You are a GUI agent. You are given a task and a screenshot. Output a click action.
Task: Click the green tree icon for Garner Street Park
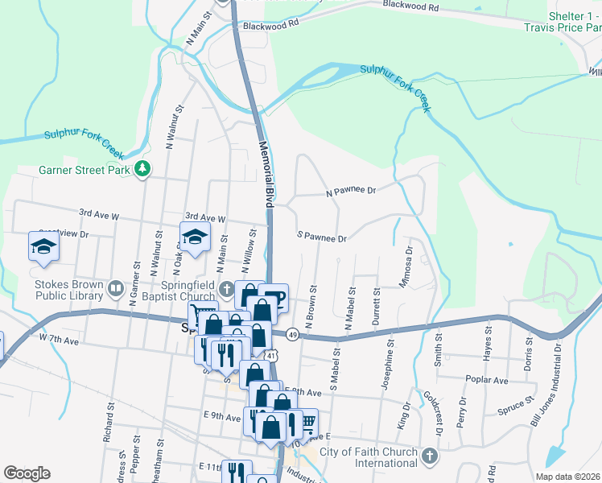142,168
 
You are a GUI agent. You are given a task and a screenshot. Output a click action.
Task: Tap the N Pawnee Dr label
351,192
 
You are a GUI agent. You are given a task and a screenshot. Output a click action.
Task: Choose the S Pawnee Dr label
321,238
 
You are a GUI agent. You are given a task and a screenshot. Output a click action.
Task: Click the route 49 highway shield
291,334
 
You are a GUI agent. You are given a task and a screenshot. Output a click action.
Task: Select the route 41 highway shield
273,355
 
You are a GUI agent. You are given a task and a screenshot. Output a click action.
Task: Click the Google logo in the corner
27,473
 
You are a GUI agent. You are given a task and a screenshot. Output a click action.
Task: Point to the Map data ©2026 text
568,477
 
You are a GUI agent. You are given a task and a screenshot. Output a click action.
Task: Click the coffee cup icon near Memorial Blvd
274,297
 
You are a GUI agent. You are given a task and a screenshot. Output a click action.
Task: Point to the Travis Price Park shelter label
573,22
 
